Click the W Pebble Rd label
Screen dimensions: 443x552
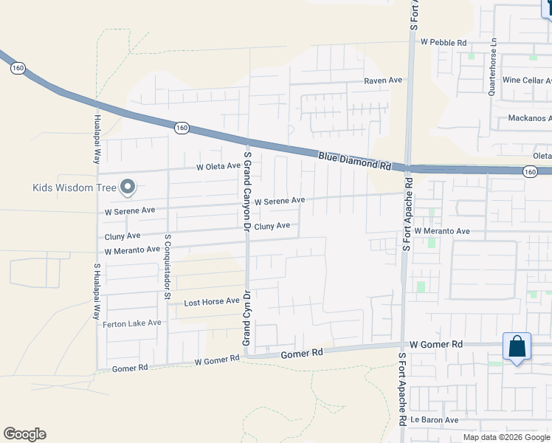tap(444, 43)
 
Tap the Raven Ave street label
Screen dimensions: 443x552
tap(382, 80)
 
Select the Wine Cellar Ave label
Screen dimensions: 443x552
tap(526, 80)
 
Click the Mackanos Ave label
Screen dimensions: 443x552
tap(530, 118)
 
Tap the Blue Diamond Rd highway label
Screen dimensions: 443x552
tap(355, 160)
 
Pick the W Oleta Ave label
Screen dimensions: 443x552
tap(218, 167)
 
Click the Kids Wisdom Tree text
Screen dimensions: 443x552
tap(75, 188)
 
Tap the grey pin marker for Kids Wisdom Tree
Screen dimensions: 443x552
tap(128, 188)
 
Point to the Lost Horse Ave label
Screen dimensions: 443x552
tap(212, 302)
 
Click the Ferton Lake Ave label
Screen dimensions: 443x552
tap(133, 323)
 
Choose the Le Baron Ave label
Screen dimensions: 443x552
tap(435, 420)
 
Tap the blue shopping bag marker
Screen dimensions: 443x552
tap(517, 346)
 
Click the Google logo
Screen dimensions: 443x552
tap(24, 434)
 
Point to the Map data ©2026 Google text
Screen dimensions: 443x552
tap(506, 437)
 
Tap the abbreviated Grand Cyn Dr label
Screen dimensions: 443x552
tap(247, 315)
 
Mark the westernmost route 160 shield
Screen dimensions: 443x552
tap(18, 68)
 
